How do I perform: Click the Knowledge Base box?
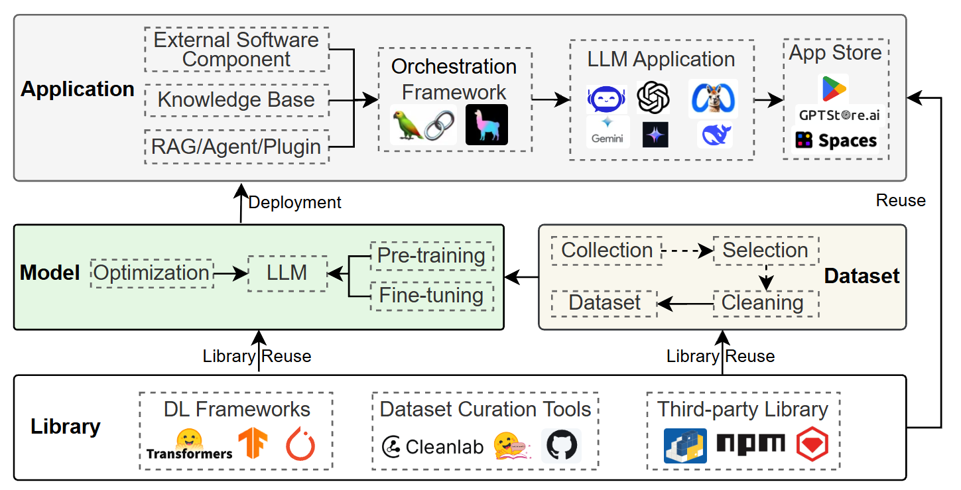coord(236,100)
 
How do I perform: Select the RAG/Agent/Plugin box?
coord(236,147)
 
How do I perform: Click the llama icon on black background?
coord(486,125)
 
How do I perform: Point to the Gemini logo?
coord(608,131)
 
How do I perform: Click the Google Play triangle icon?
coord(834,89)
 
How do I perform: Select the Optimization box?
coord(152,273)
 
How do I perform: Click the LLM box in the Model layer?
coord(287,273)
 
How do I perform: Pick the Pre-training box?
coord(431,256)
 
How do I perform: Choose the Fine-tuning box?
coord(431,295)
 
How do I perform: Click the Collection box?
coord(607,251)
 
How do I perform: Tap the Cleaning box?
coord(763,303)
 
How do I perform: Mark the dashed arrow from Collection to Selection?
coord(687,251)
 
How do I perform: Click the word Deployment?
coord(294,202)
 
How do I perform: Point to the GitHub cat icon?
coord(561,446)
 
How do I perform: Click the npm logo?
coord(751,444)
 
